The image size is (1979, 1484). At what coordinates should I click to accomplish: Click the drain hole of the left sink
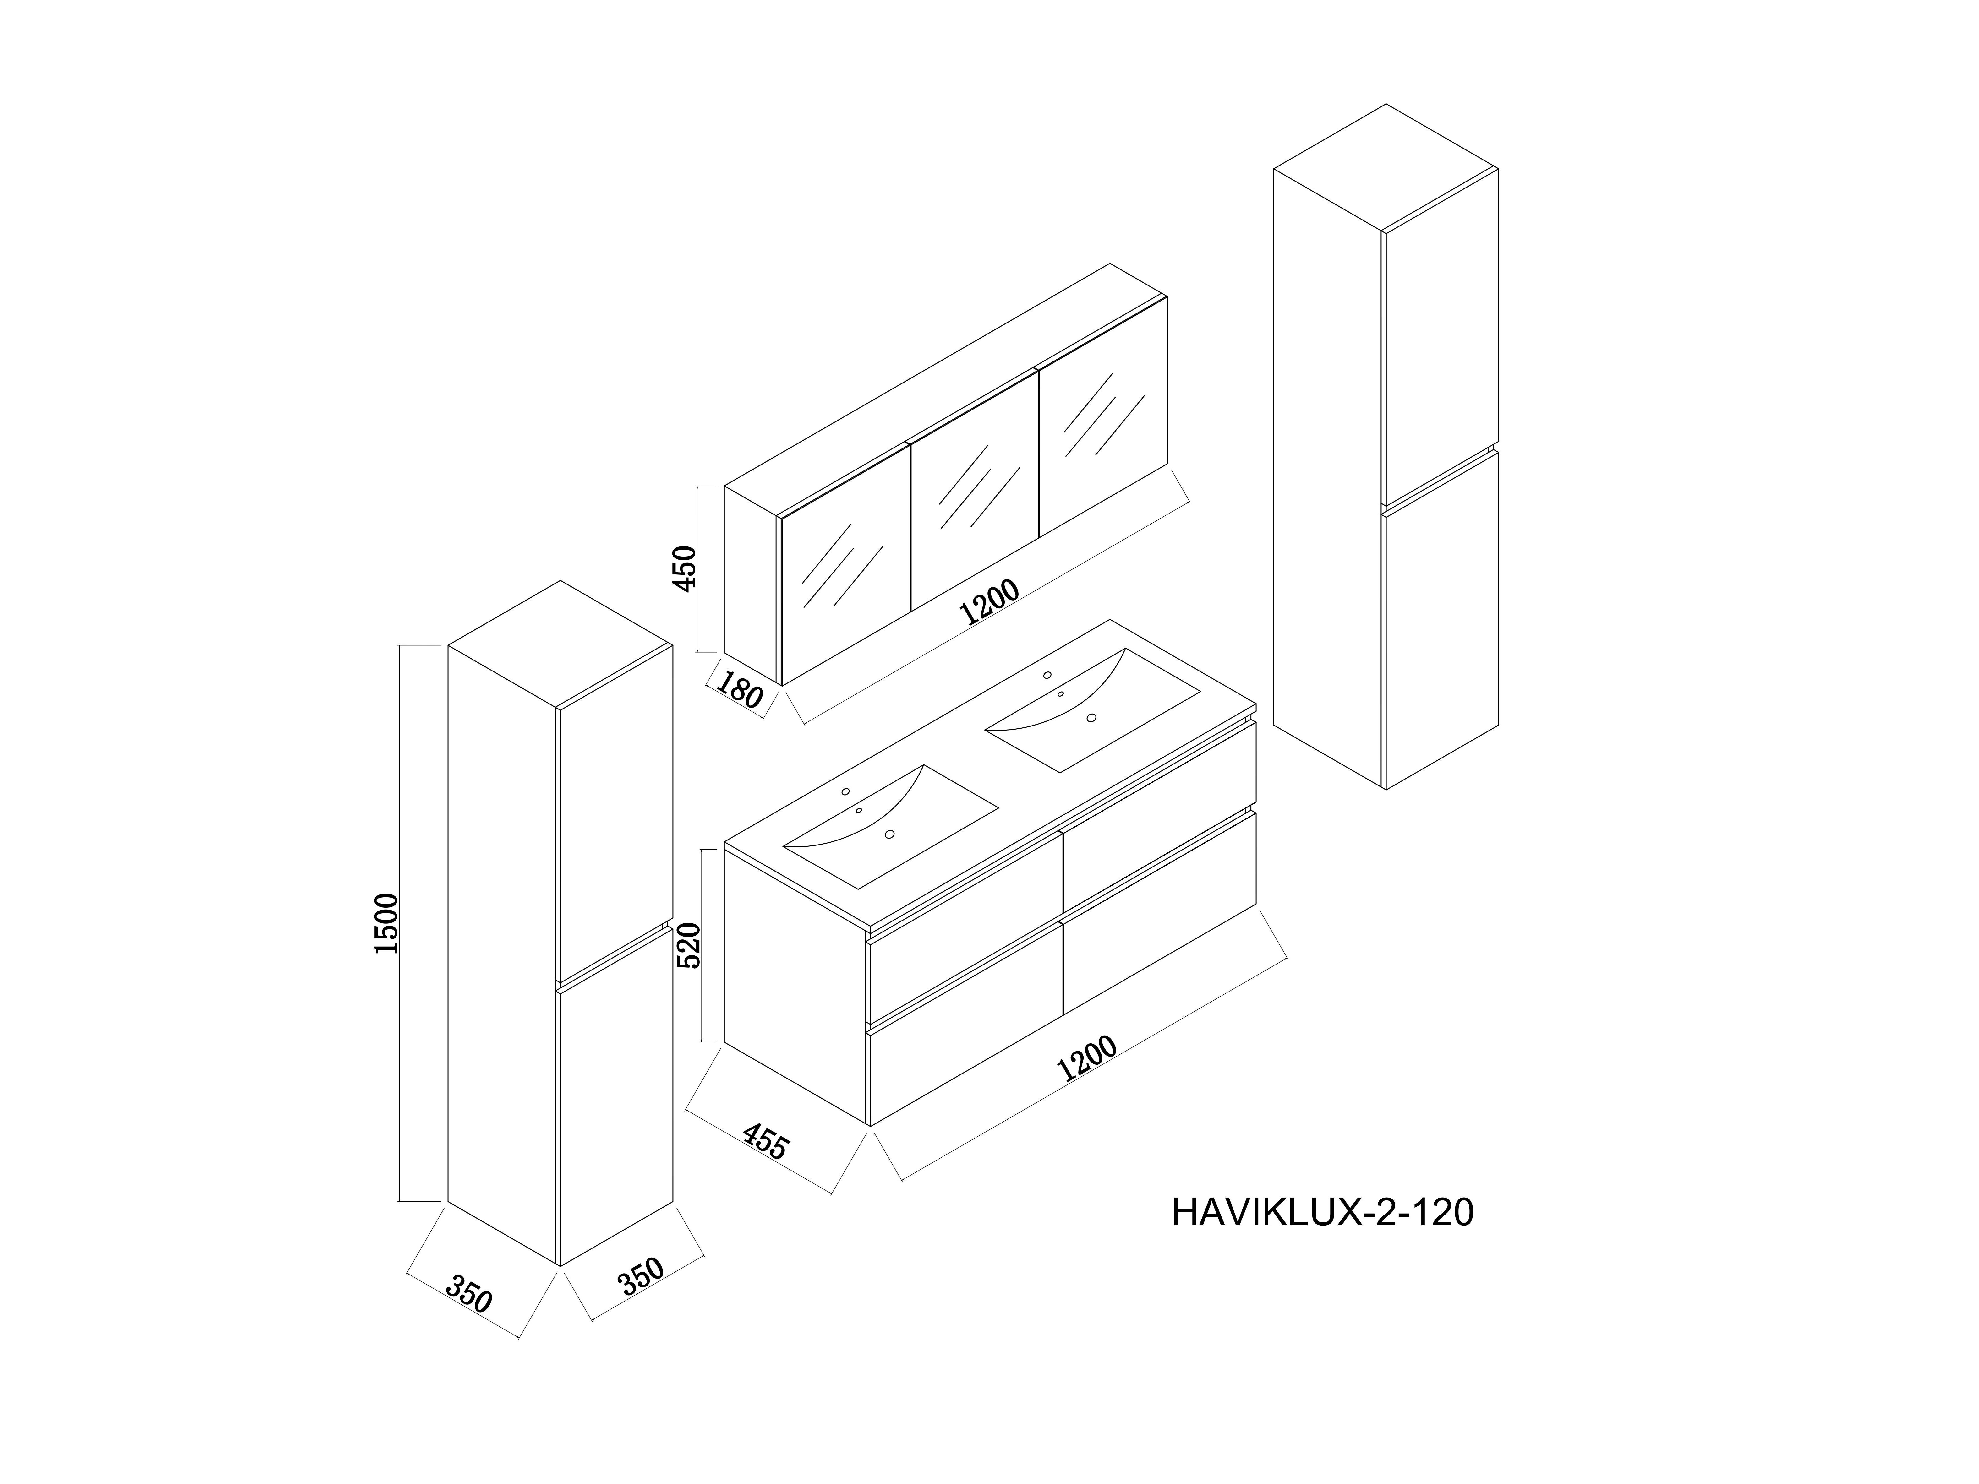[x=889, y=834]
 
